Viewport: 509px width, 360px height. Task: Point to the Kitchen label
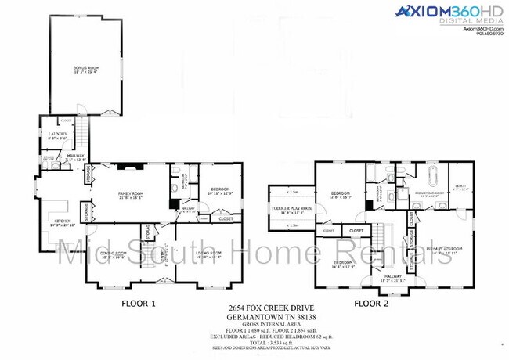(60, 224)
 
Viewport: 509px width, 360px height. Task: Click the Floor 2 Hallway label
(389, 275)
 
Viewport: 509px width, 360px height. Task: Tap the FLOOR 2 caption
(371, 302)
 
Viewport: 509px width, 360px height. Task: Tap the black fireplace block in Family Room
(174, 203)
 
